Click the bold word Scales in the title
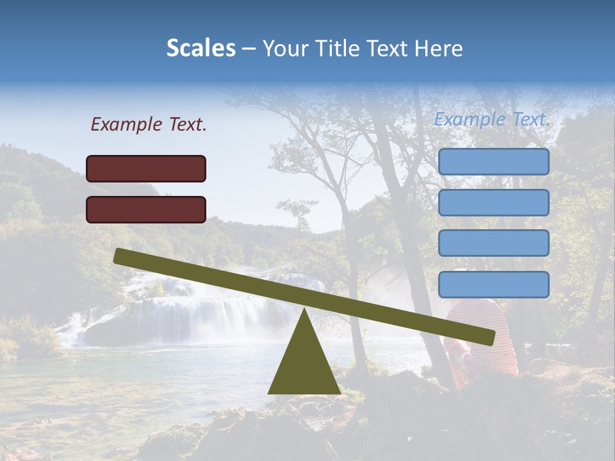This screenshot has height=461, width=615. (201, 49)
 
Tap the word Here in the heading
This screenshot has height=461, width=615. (439, 49)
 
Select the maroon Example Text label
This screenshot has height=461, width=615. (149, 125)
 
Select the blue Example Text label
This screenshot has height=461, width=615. (492, 119)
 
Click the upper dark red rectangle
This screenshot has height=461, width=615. (146, 168)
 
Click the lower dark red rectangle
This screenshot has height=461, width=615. (146, 209)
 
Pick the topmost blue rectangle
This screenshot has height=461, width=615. (493, 162)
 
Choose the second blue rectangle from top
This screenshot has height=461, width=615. (493, 202)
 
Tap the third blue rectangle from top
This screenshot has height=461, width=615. (493, 243)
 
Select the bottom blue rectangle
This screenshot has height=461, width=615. (493, 284)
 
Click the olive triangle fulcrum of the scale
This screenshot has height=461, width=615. (304, 365)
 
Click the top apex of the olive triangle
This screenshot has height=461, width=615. (304, 311)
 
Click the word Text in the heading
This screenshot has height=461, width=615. (388, 49)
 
